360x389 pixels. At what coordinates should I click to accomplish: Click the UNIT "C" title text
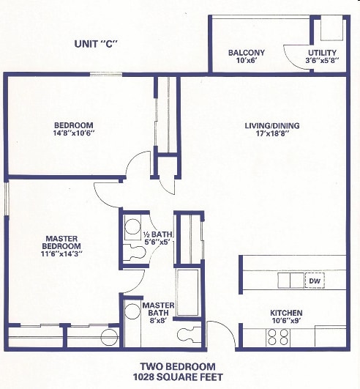pyautogui.click(x=96, y=43)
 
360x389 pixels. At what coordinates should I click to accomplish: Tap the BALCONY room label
pyautogui.click(x=247, y=53)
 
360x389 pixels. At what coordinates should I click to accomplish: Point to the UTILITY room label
pyautogui.click(x=322, y=53)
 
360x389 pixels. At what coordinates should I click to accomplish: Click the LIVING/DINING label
pyautogui.click(x=272, y=125)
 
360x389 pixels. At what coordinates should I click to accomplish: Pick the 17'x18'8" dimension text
pyautogui.click(x=272, y=135)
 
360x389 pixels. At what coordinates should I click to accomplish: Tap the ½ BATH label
pyautogui.click(x=157, y=234)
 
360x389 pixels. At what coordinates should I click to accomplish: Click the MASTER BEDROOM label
pyautogui.click(x=62, y=242)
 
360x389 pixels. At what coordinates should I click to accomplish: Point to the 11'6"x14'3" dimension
pyautogui.click(x=62, y=255)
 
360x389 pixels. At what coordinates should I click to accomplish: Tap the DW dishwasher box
pyautogui.click(x=315, y=281)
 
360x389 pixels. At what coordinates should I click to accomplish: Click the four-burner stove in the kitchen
pyautogui.click(x=277, y=336)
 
